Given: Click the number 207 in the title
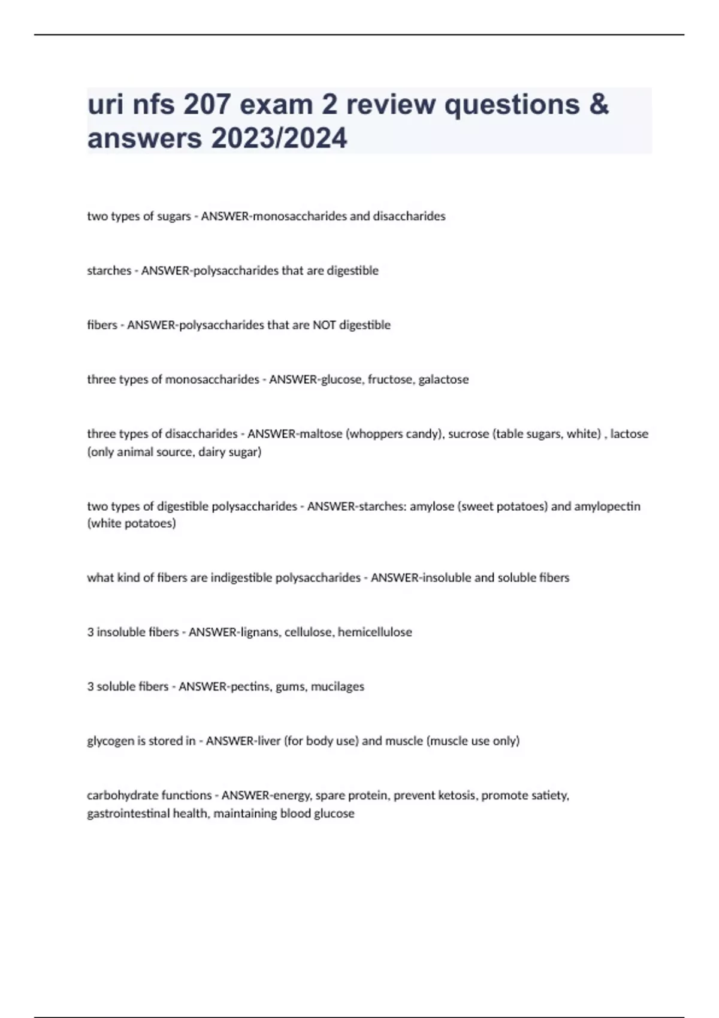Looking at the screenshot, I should click(x=207, y=105).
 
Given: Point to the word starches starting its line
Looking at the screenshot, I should click(x=109, y=271).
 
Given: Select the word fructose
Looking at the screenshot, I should click(x=389, y=380).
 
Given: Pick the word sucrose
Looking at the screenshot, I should click(x=468, y=434).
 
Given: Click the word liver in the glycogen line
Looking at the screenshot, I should click(x=269, y=741).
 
